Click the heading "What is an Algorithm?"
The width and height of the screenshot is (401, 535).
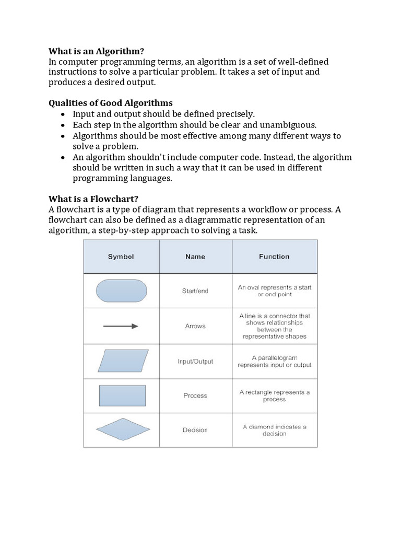[x=96, y=51]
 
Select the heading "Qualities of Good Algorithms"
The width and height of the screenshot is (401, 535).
[x=110, y=103]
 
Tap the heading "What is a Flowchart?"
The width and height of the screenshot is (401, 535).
[x=93, y=199]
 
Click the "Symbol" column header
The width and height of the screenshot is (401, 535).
[x=121, y=257]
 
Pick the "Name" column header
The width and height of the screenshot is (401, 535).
[x=195, y=257]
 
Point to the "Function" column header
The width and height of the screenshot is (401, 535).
[x=274, y=257]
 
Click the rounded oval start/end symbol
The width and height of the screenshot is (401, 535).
[x=122, y=290]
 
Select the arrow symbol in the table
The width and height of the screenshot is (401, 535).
[x=121, y=326]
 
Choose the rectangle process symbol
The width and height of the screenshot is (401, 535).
[x=123, y=396]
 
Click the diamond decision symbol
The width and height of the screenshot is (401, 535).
[x=123, y=430]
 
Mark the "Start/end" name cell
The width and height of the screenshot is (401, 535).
[x=195, y=291]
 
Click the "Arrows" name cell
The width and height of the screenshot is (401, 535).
[x=195, y=326]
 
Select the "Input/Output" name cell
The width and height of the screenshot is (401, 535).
[x=195, y=362]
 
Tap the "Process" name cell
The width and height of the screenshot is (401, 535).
[x=195, y=396]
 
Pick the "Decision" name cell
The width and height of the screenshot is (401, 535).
[x=195, y=430]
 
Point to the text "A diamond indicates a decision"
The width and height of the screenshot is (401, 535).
[x=275, y=430]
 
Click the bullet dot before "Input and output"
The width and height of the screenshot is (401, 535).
[x=63, y=114]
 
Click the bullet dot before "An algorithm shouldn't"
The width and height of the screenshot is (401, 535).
[x=63, y=158]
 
